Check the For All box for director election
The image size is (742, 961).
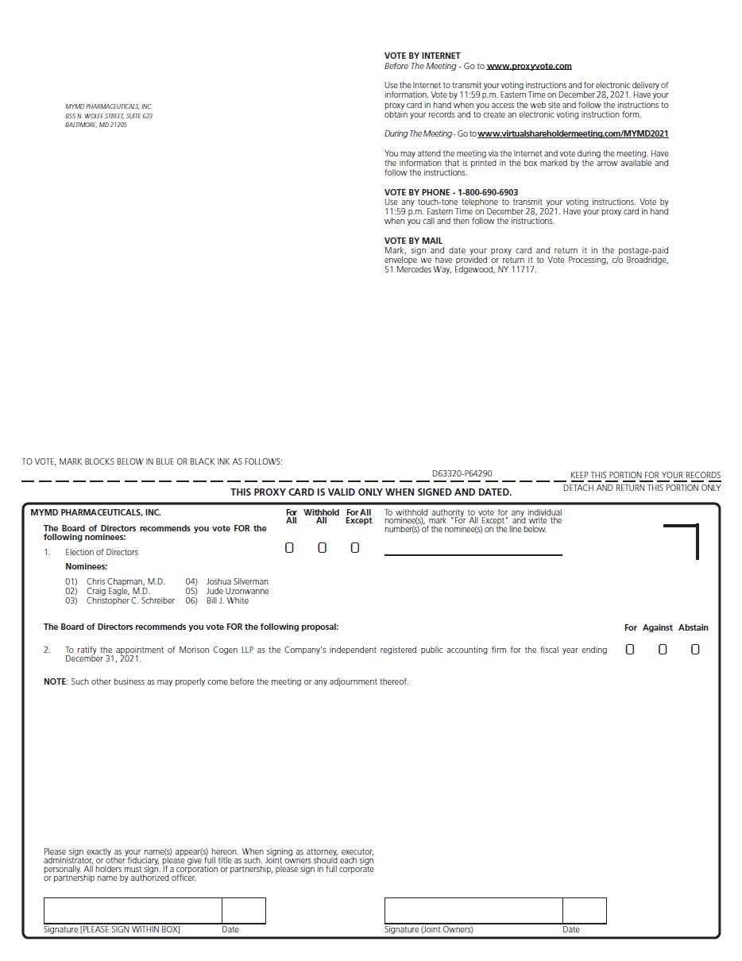tap(289, 548)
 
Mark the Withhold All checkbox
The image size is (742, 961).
tap(322, 548)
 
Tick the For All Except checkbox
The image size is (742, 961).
tap(354, 548)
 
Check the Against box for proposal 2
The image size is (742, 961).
tap(663, 650)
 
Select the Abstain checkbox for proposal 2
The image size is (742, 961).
tap(695, 650)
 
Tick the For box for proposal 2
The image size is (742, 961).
tap(630, 650)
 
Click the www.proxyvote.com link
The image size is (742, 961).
tap(529, 66)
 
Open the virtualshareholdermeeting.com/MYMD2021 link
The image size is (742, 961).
tap(573, 133)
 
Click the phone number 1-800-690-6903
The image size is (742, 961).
tap(488, 192)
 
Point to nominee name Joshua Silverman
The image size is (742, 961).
tap(237, 581)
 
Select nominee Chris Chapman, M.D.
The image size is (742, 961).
tap(126, 581)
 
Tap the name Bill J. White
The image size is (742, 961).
tap(227, 600)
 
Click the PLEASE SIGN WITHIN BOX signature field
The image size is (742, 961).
tap(133, 910)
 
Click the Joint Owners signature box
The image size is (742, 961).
tap(473, 910)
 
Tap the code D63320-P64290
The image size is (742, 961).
tap(462, 473)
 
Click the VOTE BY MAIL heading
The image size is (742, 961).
tap(413, 241)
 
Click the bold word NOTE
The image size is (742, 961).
tap(55, 681)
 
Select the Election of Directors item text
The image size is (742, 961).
tap(102, 552)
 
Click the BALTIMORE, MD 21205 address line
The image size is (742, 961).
tap(96, 125)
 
